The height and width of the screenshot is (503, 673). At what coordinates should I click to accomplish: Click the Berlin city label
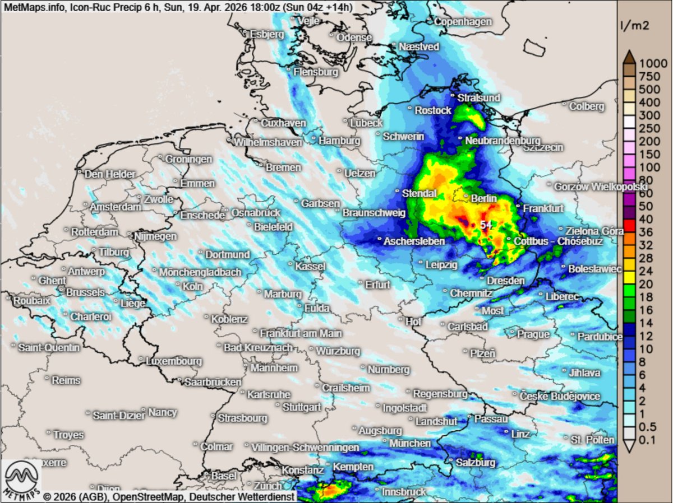coord(484,198)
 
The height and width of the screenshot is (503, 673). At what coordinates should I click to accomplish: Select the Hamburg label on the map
coord(339,141)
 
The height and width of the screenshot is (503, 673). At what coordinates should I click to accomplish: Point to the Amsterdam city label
coord(116,207)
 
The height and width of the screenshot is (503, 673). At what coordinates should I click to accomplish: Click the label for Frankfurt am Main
coord(301,333)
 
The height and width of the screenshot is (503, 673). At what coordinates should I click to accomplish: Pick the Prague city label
coord(533,334)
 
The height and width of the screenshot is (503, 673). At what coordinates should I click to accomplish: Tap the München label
coord(409,444)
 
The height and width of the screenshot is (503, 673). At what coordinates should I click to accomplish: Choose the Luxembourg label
coord(173,361)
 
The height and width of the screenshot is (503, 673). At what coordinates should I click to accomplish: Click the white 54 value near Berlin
coord(486,224)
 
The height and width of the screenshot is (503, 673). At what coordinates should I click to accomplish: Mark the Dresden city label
coord(505,280)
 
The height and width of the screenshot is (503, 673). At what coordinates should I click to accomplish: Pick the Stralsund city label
coord(478,98)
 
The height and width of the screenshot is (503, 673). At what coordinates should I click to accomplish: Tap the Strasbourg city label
coord(242,418)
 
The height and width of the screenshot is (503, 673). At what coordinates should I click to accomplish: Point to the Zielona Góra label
coord(594,231)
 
